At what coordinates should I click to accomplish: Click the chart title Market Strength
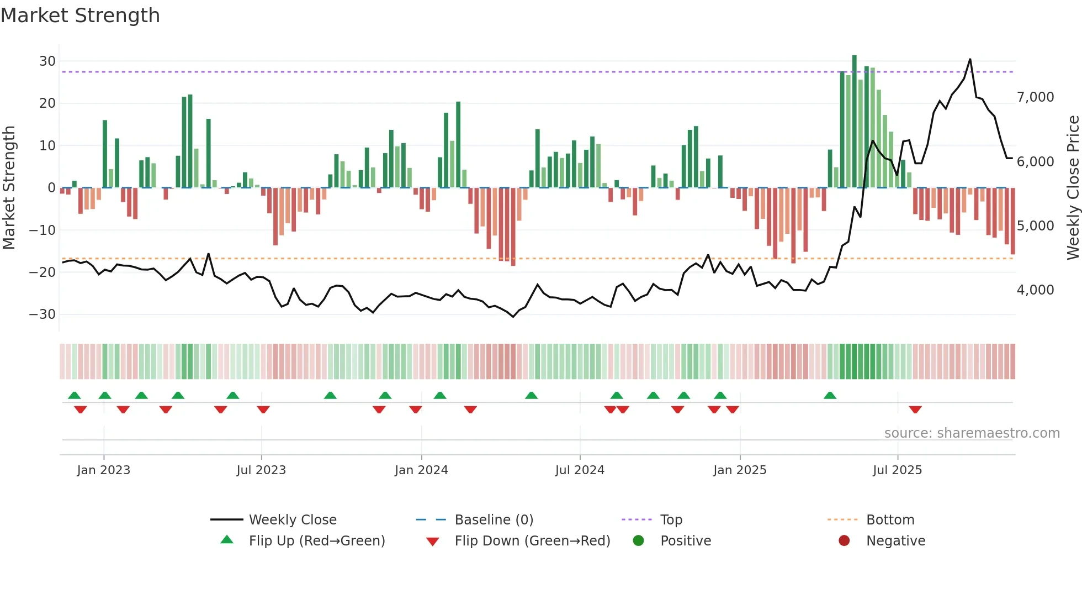tap(80, 15)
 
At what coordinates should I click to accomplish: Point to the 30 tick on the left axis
tap(47, 61)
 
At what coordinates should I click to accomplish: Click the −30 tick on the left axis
tap(42, 314)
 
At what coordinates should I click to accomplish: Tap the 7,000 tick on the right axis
tap(1035, 97)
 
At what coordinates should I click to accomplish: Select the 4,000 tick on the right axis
tap(1035, 290)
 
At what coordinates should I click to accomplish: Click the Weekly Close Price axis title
tap(1073, 187)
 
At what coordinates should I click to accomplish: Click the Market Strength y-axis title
tap(9, 187)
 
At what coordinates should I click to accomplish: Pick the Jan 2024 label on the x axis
tap(421, 470)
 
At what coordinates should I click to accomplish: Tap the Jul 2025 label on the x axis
tap(897, 470)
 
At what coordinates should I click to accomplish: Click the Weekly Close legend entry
tap(293, 520)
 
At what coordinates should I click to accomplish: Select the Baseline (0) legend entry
tap(494, 520)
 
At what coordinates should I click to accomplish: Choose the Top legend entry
tap(671, 520)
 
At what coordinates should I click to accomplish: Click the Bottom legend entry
tap(890, 520)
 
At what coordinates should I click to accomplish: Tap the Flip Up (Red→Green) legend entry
tap(316, 541)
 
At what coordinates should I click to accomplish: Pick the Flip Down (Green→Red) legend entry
tap(532, 541)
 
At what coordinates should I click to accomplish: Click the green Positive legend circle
tap(639, 541)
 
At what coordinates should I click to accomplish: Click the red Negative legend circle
tap(844, 541)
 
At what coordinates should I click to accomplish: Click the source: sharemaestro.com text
tap(972, 433)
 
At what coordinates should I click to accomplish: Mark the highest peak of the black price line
tap(970, 60)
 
